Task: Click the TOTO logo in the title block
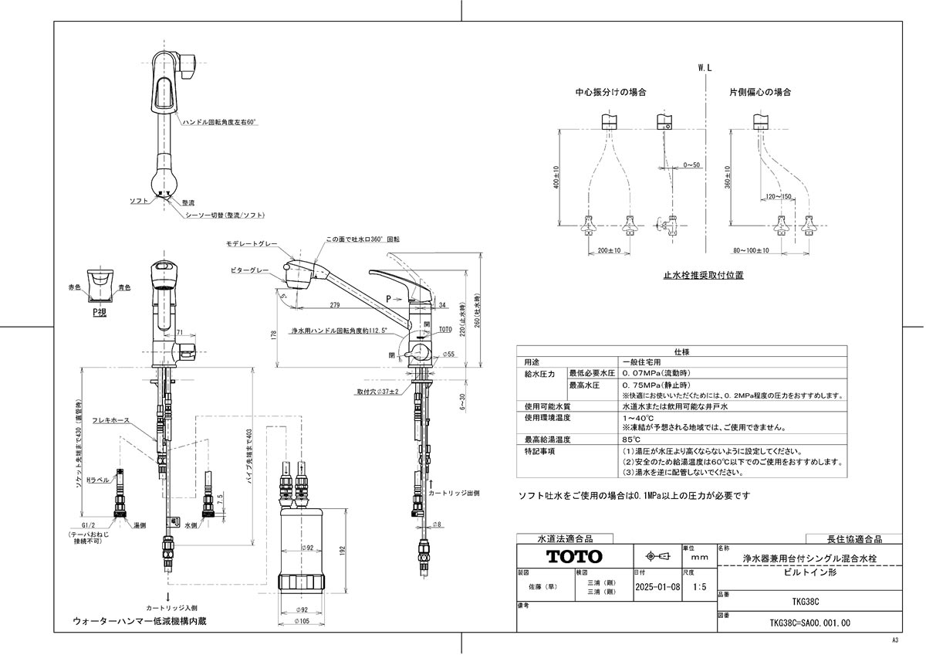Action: (574, 556)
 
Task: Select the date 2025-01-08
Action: (656, 587)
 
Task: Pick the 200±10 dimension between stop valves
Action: (610, 251)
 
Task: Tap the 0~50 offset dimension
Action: (691, 165)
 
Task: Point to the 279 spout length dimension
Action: (333, 304)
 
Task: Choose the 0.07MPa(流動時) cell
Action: (654, 373)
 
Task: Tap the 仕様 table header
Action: (681, 351)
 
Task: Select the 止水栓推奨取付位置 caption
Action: (703, 274)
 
